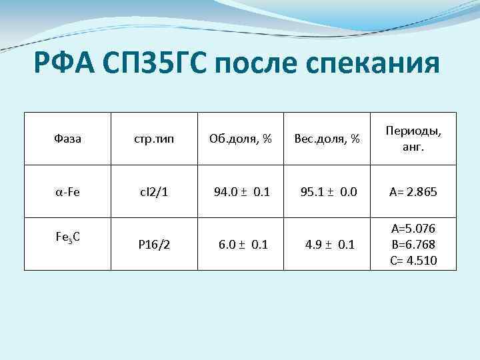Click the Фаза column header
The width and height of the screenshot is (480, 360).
pyautogui.click(x=66, y=139)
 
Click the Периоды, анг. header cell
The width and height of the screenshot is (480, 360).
pyautogui.click(x=413, y=139)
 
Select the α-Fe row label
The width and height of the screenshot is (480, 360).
pyautogui.click(x=67, y=192)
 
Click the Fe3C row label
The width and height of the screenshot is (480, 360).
pyautogui.click(x=67, y=237)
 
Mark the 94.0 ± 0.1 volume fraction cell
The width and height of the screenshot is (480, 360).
pyautogui.click(x=241, y=192)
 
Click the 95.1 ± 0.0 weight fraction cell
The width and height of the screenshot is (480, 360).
pyautogui.click(x=329, y=192)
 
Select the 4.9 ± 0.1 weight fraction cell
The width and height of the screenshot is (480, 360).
pyautogui.click(x=329, y=244)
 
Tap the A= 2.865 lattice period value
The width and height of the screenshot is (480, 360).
pyautogui.click(x=413, y=192)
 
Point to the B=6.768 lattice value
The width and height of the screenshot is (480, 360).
pyautogui.click(x=413, y=245)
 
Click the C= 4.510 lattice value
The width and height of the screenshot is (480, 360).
pyautogui.click(x=413, y=259)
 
